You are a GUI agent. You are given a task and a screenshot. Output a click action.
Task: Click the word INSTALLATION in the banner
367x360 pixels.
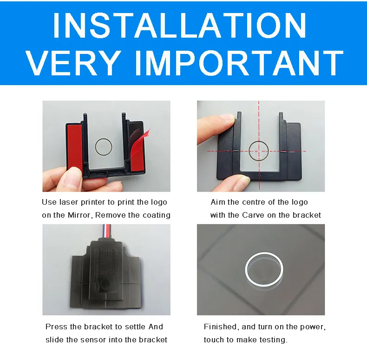179,25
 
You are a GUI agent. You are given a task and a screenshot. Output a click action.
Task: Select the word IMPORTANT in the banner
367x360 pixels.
239,63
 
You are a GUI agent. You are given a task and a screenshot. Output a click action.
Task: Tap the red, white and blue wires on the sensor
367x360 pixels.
106,231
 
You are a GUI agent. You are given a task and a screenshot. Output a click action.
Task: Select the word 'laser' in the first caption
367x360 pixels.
68,202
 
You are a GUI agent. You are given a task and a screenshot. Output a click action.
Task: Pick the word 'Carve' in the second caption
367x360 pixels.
253,215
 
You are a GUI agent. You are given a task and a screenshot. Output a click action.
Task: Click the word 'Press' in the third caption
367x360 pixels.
54,327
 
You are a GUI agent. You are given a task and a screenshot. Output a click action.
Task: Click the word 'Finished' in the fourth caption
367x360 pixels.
221,327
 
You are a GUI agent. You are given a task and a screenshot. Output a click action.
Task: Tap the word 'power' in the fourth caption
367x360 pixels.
314,327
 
